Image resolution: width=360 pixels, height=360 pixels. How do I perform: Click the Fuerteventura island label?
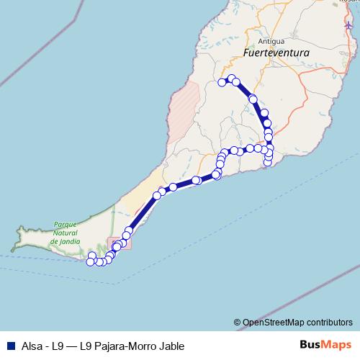276,53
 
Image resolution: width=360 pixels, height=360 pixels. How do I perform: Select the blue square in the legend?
9,346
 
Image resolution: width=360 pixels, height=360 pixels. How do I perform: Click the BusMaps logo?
322,345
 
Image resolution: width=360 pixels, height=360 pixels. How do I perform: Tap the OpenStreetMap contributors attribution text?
297,322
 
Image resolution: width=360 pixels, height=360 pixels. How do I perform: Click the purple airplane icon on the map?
348,27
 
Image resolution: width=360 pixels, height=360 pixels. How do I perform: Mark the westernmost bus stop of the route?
90,262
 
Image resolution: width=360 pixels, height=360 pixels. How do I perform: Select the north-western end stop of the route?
222,83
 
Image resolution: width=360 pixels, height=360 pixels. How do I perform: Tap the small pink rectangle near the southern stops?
120,243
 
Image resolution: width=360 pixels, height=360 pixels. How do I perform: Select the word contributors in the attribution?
328,322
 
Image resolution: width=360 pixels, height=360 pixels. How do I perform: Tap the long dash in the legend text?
72,346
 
